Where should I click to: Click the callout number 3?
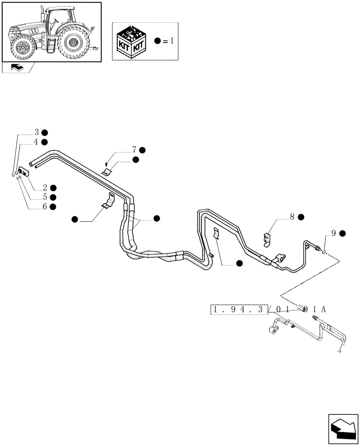(37, 132)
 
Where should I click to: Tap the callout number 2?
(45, 188)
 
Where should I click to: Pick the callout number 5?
(45, 197)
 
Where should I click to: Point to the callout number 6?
(45, 206)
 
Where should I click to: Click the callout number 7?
(134, 150)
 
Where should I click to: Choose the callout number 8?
(292, 217)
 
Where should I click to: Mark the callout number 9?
(333, 233)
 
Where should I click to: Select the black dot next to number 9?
(342, 233)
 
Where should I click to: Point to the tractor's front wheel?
(22, 47)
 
